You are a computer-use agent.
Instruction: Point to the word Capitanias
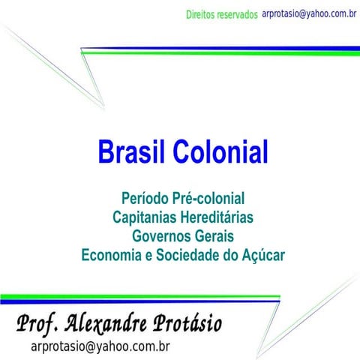click(146, 217)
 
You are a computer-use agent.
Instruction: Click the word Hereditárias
click(217, 217)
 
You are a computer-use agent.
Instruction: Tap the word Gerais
click(214, 236)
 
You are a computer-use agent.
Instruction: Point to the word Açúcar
click(263, 255)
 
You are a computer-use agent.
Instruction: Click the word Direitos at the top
click(204, 15)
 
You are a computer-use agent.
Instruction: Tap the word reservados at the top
click(240, 15)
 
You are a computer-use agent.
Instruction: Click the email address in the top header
click(308, 13)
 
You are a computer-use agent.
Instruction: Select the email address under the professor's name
click(100, 346)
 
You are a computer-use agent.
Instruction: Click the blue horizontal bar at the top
click(225, 49)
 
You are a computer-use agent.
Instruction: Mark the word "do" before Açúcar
click(231, 255)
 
